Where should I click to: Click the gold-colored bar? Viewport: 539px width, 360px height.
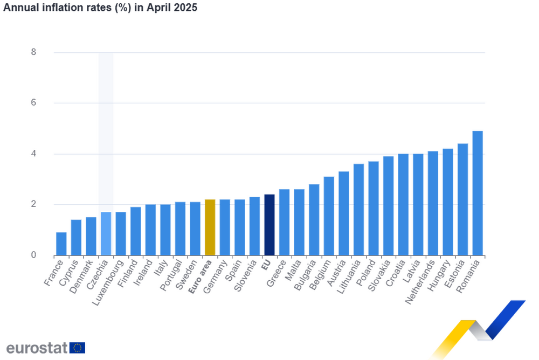pyautogui.click(x=209, y=226)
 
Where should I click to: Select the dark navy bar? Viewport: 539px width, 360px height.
pyautogui.click(x=269, y=224)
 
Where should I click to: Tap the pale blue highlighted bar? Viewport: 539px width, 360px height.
pyautogui.click(x=106, y=233)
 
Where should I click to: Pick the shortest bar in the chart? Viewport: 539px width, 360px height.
pyautogui.click(x=61, y=243)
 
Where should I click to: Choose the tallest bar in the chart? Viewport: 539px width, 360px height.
pyautogui.click(x=478, y=192)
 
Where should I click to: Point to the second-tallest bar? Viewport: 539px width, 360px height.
pyautogui.click(x=462, y=198)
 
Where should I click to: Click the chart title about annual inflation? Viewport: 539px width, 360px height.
pyautogui.click(x=100, y=8)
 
